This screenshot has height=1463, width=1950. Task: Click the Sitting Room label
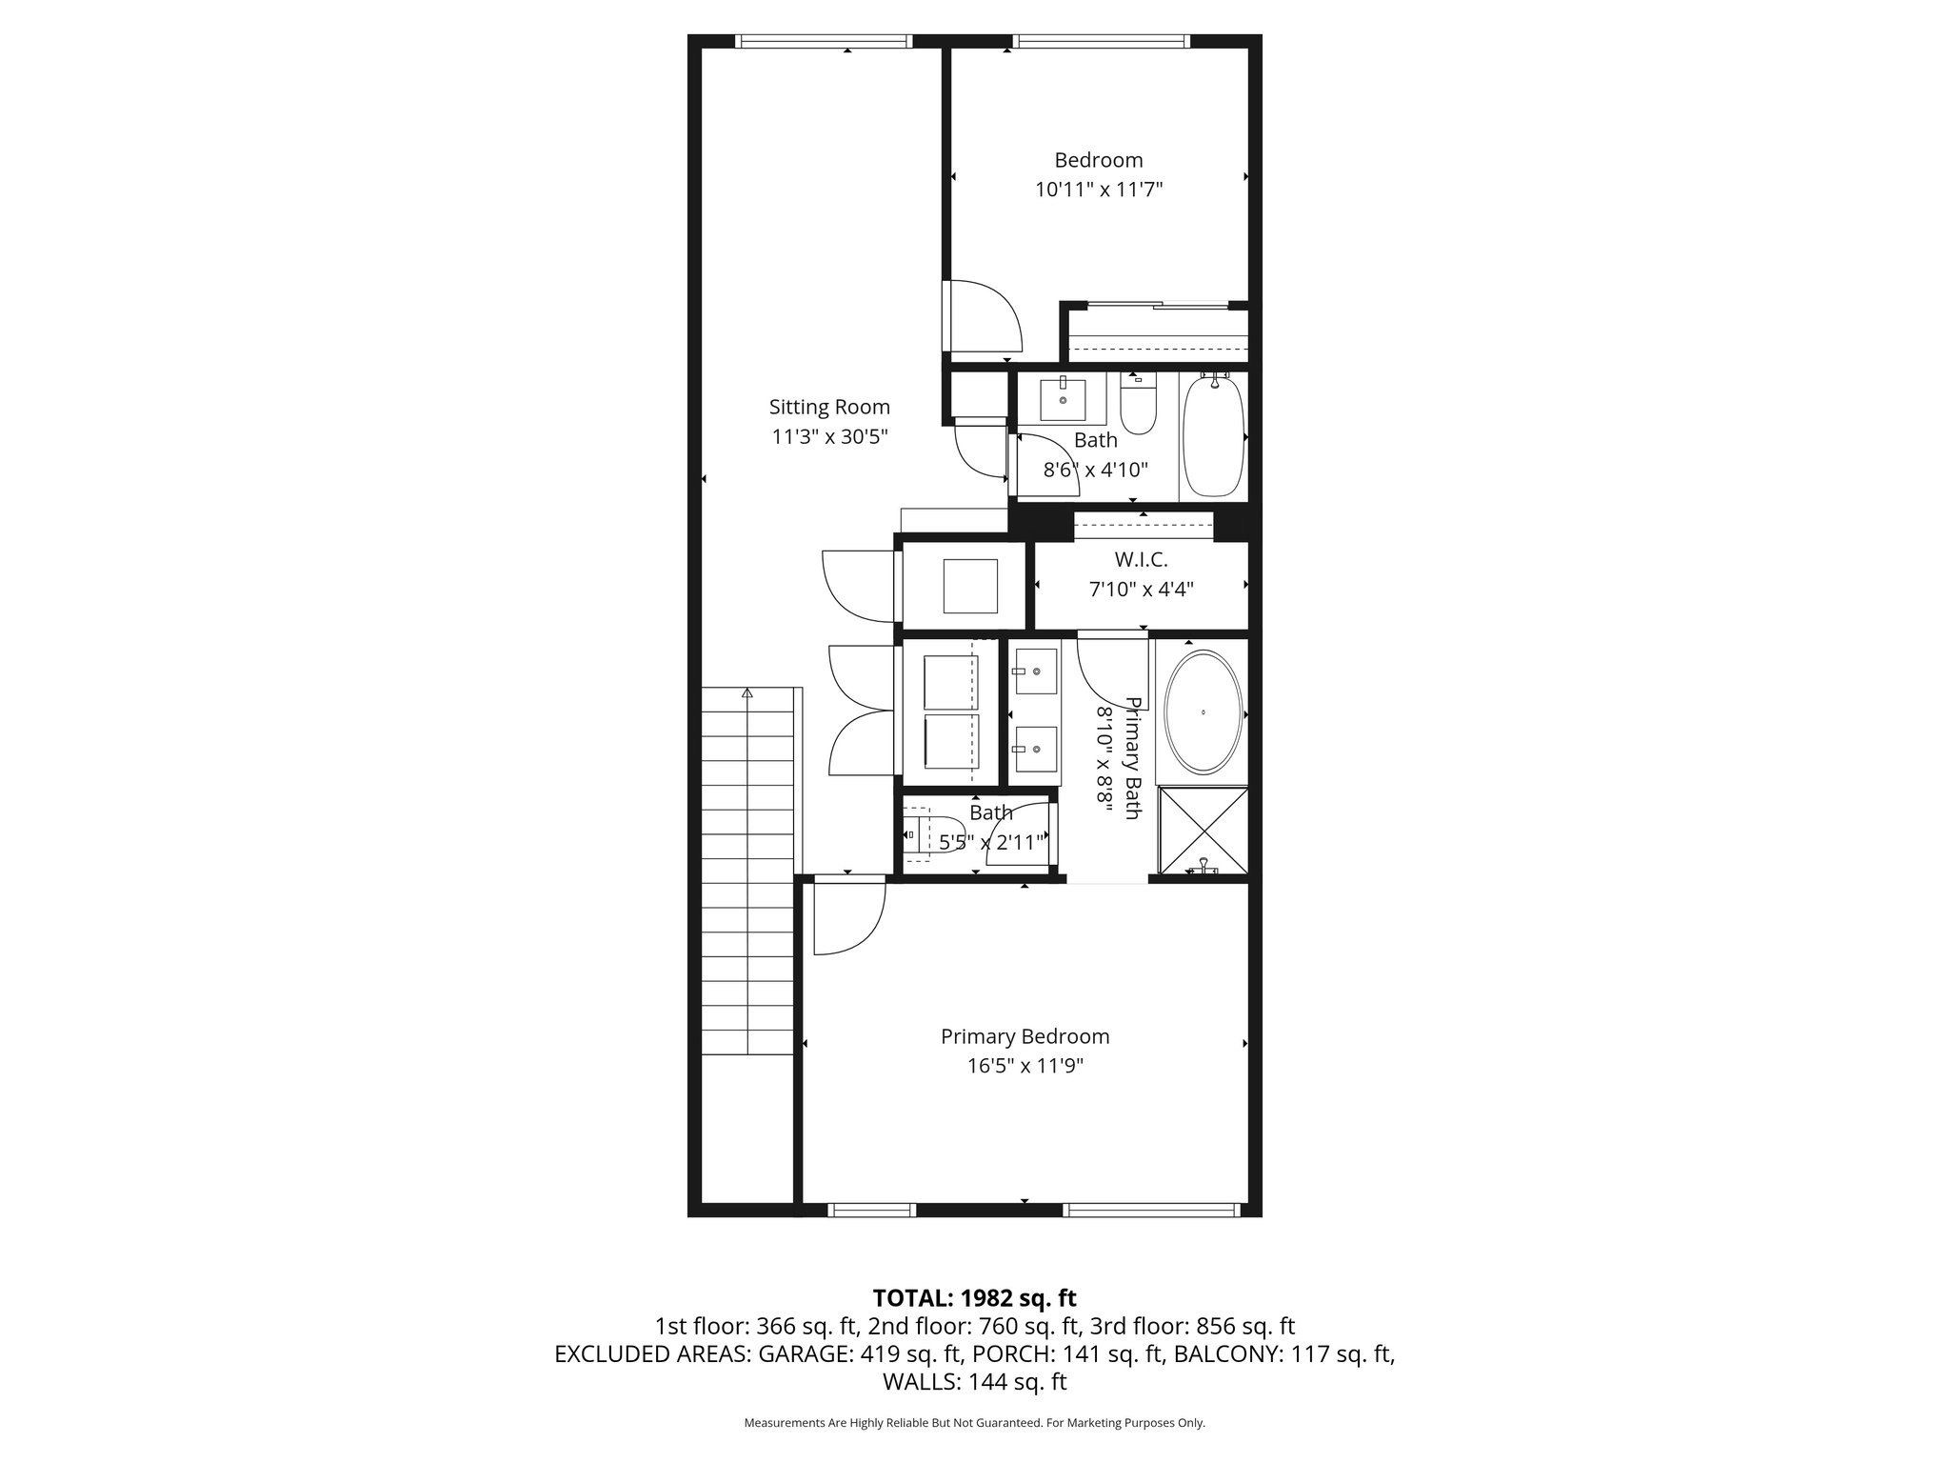tap(829, 407)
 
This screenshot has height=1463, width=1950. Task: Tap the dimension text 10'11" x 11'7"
tap(1099, 190)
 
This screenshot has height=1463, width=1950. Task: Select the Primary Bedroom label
tap(1025, 1036)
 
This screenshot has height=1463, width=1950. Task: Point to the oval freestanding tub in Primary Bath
tap(1204, 712)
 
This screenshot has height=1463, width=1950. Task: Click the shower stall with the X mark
tap(1203, 829)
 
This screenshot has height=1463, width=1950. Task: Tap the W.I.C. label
tap(1141, 560)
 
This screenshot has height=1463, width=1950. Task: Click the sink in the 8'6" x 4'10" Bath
tap(1063, 399)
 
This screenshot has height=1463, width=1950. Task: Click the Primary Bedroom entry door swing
tap(850, 917)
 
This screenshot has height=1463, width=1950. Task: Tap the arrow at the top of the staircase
tap(747, 694)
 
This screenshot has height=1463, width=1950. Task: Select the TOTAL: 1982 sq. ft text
tap(974, 1298)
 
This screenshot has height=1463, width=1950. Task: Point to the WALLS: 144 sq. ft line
tap(974, 1381)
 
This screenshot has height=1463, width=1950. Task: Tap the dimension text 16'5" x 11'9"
tap(1025, 1066)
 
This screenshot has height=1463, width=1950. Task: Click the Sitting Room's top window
tap(824, 41)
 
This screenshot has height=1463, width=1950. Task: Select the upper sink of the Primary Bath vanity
tap(1034, 671)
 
